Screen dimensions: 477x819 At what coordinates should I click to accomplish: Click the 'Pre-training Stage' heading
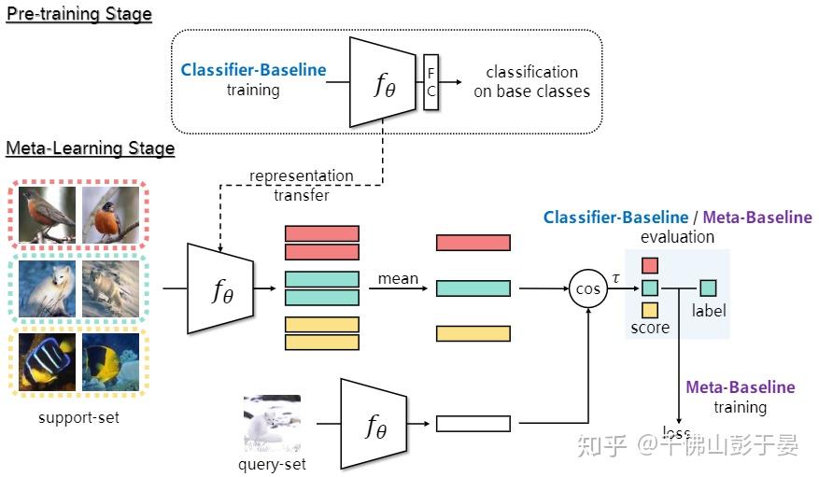78,15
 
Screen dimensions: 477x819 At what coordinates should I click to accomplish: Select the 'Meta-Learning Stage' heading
91,148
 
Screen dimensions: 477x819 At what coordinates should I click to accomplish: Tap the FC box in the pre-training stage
431,81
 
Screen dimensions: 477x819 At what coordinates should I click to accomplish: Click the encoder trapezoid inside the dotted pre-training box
383,82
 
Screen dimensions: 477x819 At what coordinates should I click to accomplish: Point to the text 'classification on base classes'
531,81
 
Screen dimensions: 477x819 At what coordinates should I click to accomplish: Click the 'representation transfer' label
301,185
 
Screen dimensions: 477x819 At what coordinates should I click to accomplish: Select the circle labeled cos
587,289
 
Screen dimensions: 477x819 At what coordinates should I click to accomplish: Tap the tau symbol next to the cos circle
615,277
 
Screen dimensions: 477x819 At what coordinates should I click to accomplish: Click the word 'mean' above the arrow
397,278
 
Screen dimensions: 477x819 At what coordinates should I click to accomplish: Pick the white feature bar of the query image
473,424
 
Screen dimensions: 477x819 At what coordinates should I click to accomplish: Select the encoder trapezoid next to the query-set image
374,424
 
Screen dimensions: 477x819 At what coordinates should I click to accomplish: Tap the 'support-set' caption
78,417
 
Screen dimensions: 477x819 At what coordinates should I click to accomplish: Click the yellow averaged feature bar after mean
473,333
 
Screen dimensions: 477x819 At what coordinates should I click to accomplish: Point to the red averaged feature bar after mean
473,243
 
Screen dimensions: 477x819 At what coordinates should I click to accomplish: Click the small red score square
650,266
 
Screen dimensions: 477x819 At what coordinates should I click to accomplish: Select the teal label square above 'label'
708,288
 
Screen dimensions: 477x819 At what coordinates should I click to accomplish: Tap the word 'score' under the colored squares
650,328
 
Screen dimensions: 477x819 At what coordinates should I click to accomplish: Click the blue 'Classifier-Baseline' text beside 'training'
253,70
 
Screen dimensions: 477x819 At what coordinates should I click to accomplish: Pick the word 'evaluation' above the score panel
677,237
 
